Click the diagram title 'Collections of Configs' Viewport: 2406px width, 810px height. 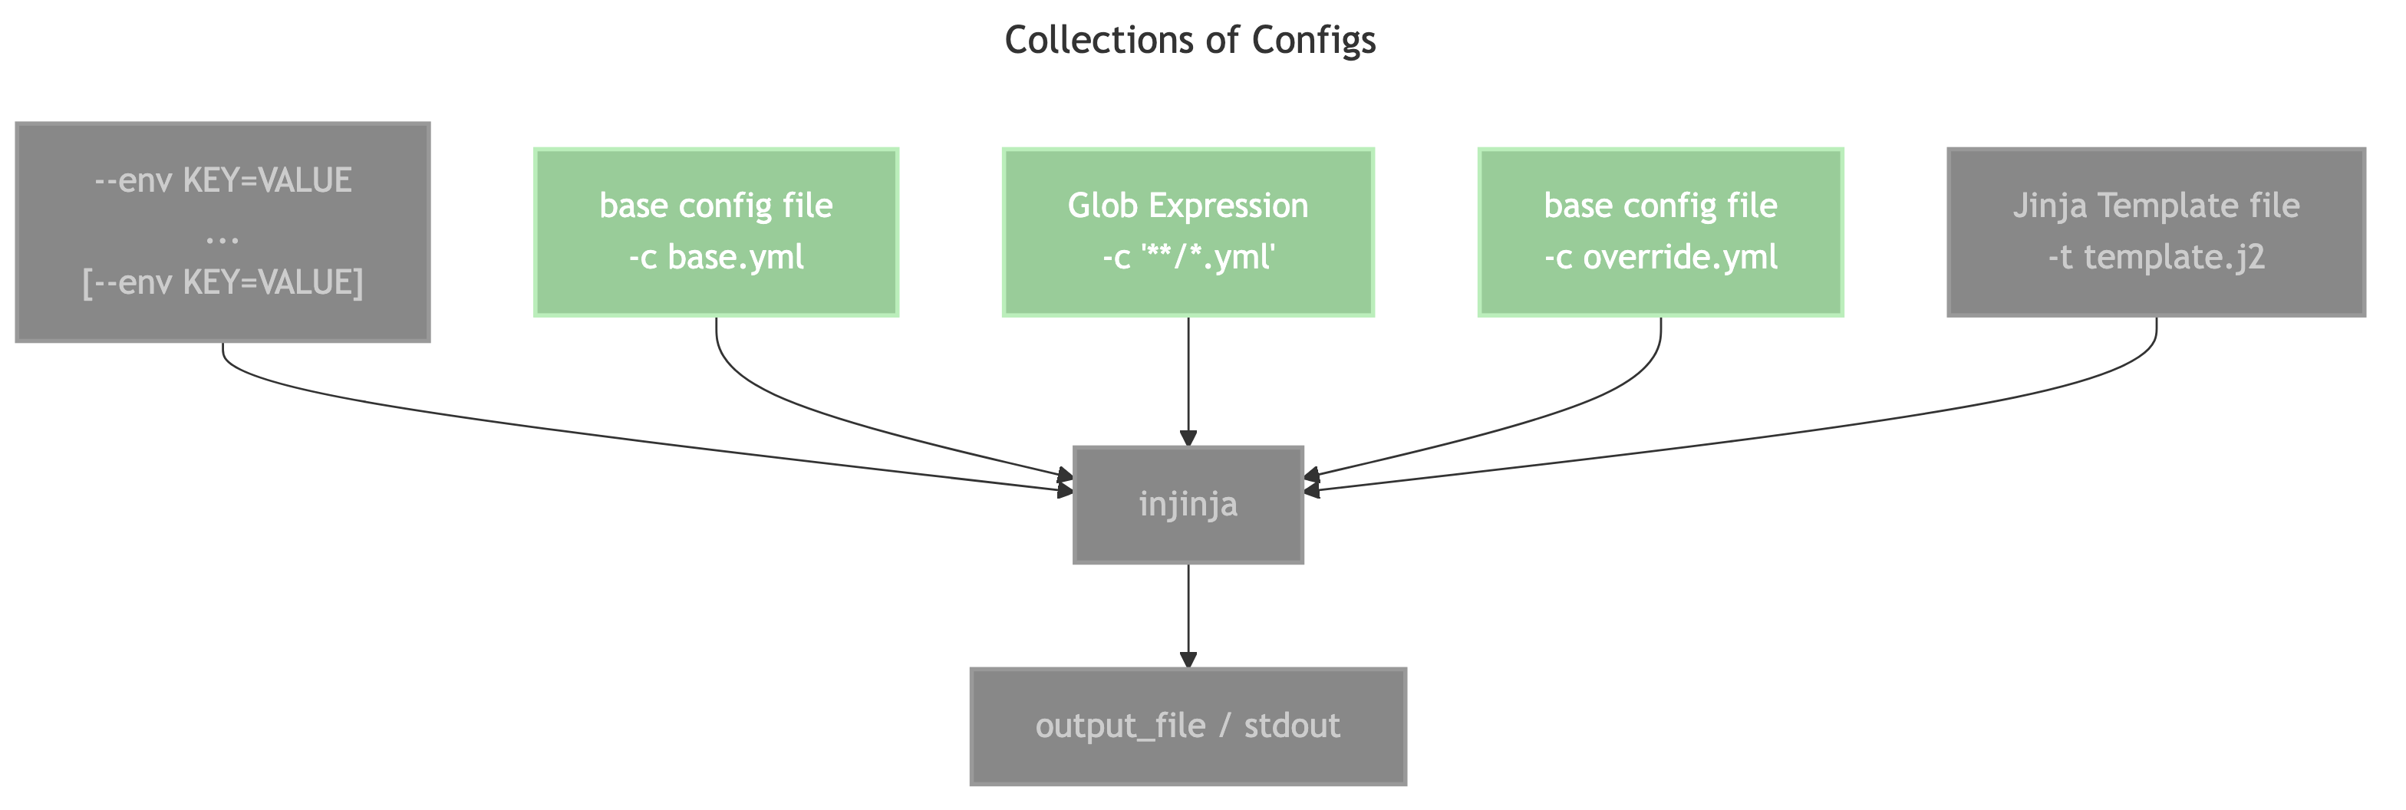pos(1189,40)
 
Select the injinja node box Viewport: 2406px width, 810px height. pos(1188,505)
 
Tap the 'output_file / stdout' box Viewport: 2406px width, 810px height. pos(1188,726)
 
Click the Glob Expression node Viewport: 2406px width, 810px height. pos(1188,231)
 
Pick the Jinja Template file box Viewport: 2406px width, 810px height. pos(2156,231)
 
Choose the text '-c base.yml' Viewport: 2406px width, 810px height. pos(717,257)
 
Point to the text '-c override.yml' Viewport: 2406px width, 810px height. pos(1661,257)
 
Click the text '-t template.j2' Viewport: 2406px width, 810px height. pos(2156,257)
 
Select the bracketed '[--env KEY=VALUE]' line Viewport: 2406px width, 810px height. pos(222,282)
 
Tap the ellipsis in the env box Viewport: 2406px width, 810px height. pos(222,237)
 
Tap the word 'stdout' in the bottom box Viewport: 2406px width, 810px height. pos(1292,726)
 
